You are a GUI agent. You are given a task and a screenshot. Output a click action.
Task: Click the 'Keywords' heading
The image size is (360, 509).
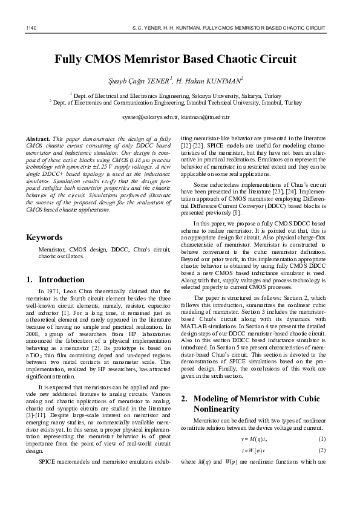tap(45, 237)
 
